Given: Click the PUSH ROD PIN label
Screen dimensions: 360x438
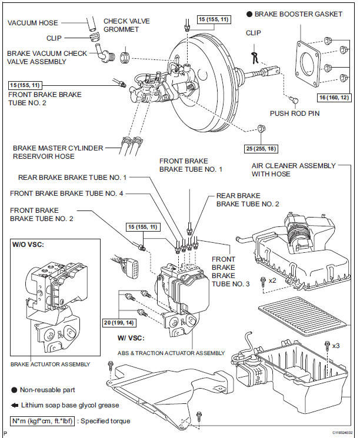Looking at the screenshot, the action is tap(295, 113).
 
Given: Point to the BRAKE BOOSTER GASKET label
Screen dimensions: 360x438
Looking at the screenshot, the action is tap(298, 14).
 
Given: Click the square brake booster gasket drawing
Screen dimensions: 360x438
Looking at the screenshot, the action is tap(308, 63).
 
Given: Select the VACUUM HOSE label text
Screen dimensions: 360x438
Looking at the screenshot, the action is tap(33, 23).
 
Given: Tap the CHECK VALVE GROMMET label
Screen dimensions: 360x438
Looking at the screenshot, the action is tap(126, 25).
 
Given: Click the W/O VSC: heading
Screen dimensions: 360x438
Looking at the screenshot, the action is tap(28, 245).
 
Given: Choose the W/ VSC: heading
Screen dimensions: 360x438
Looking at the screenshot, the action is tap(131, 338).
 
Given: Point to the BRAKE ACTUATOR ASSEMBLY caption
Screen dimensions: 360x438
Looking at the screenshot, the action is tap(51, 365).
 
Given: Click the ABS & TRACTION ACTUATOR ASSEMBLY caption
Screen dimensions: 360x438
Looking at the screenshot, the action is tap(171, 353).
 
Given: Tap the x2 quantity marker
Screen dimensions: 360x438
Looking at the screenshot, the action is tap(272, 280).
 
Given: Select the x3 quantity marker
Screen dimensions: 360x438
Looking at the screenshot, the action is tap(336, 346).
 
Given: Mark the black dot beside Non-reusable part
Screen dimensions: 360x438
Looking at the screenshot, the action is tap(14, 390).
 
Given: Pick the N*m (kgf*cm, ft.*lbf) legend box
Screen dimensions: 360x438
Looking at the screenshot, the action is tap(42, 421).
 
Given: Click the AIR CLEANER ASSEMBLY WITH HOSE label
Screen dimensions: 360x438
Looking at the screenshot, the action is tap(294, 170).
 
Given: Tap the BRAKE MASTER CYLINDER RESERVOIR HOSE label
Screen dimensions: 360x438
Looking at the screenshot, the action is tap(58, 152).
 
